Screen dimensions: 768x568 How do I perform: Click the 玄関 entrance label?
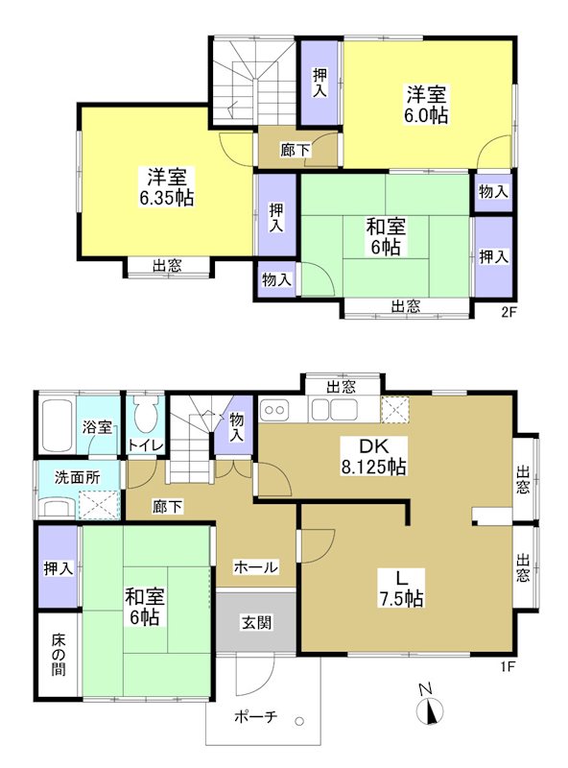[256, 622]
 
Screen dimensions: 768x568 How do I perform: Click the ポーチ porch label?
[255, 716]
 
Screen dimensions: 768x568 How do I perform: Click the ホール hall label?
[256, 567]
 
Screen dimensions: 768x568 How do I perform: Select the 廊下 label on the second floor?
[295, 150]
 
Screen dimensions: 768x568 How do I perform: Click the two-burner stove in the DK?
[275, 410]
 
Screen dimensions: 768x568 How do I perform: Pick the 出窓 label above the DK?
[341, 387]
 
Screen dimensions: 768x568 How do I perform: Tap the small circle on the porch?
[300, 722]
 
